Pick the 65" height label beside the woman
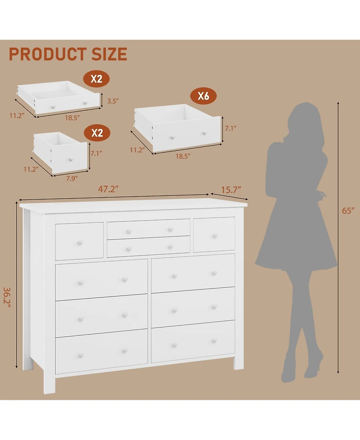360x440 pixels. click(x=348, y=211)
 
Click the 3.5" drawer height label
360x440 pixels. click(x=112, y=101)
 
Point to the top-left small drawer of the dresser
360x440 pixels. click(x=79, y=241)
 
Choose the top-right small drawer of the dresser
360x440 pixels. click(x=214, y=235)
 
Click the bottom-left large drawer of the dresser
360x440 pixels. click(x=101, y=351)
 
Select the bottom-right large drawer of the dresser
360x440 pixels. click(x=193, y=341)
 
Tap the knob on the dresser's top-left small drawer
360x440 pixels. click(x=80, y=243)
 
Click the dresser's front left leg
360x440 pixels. click(x=49, y=383)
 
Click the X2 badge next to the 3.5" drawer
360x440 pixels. click(x=96, y=79)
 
